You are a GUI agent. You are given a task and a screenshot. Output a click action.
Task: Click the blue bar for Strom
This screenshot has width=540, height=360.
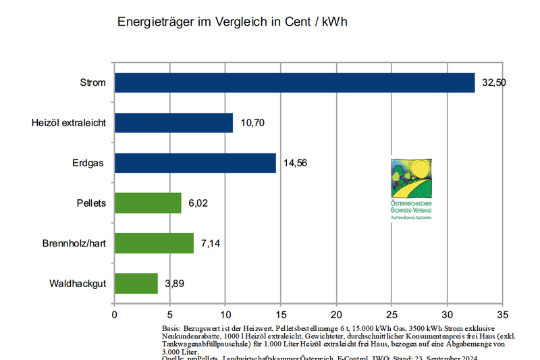coord(294,82)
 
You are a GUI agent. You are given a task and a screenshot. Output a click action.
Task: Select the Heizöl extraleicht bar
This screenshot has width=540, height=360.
coord(173,123)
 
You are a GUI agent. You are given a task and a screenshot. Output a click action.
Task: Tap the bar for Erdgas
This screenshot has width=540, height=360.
coord(195,163)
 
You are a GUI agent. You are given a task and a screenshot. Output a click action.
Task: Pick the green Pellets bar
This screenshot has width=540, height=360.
coord(148,203)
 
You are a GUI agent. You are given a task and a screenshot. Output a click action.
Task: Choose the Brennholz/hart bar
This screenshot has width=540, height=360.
coord(154,242)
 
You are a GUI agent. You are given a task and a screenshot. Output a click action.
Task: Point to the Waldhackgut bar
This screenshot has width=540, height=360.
coord(136,283)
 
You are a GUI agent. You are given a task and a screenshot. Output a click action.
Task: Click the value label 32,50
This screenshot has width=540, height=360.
coord(494,82)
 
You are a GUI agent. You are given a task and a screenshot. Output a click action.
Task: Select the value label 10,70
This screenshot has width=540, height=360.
coord(252,123)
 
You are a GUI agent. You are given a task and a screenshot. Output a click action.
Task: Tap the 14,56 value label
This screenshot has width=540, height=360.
coord(295,163)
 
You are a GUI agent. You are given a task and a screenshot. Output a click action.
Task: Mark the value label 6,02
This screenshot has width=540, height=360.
coord(198,203)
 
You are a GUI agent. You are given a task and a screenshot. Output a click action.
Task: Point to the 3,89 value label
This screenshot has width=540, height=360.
coord(174,283)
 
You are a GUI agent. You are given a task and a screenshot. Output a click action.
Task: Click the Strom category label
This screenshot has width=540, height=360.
coord(93,82)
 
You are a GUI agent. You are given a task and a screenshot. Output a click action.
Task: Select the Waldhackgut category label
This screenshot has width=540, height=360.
coord(78,283)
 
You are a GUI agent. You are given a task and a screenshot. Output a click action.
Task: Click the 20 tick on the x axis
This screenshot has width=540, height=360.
coord(336,315)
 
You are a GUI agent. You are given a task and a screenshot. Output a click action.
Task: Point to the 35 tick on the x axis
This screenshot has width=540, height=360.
coord(502,315)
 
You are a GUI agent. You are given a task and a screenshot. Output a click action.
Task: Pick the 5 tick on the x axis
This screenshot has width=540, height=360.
coord(170,315)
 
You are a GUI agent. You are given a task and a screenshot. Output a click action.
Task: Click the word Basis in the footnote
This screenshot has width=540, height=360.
coord(171,327)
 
